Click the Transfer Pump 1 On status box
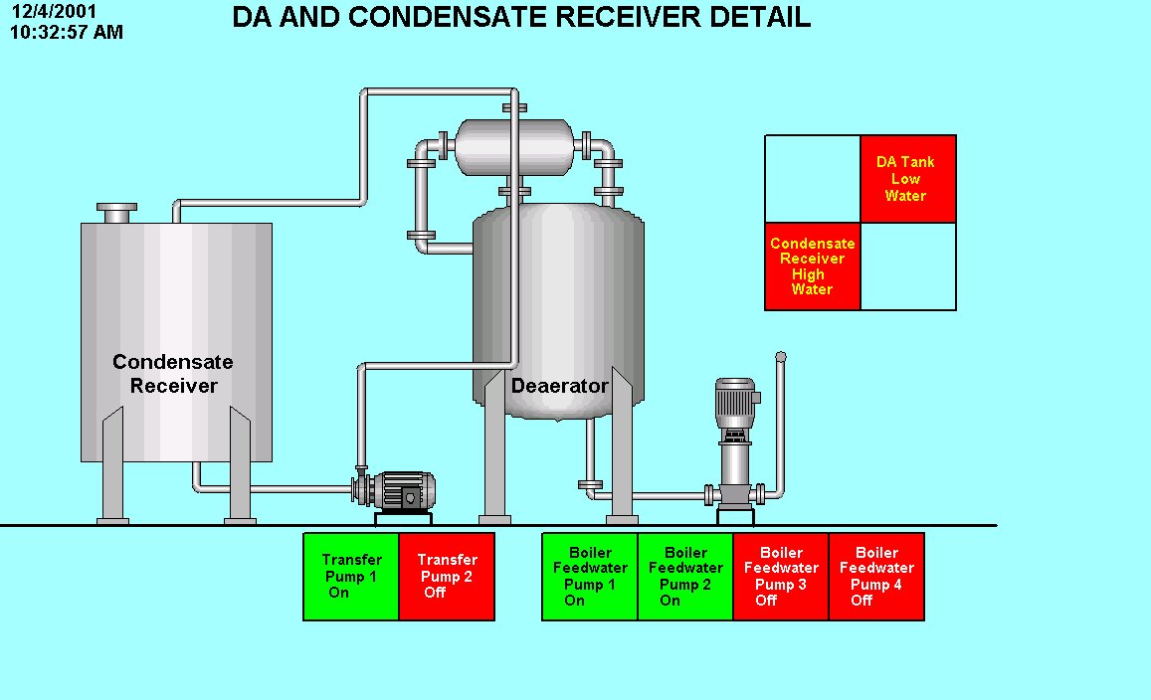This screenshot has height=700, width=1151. (351, 577)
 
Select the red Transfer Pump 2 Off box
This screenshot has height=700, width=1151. (447, 577)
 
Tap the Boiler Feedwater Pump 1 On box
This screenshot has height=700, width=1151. (590, 577)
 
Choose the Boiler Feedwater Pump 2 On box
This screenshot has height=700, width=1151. (685, 577)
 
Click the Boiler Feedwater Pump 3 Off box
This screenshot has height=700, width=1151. (781, 577)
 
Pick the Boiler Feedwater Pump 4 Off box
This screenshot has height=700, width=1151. (876, 577)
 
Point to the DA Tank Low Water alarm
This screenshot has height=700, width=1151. (907, 179)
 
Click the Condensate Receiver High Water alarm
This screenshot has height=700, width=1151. (812, 266)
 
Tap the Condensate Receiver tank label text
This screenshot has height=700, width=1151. (173, 374)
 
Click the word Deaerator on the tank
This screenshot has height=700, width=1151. (559, 386)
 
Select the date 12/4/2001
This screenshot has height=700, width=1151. (55, 13)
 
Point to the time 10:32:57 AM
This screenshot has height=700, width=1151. (67, 32)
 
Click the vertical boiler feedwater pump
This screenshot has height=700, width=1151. (736, 437)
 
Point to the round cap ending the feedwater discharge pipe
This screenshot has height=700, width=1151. (781, 356)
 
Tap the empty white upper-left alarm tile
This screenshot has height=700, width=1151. (812, 179)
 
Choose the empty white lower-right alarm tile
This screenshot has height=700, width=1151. (907, 266)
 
